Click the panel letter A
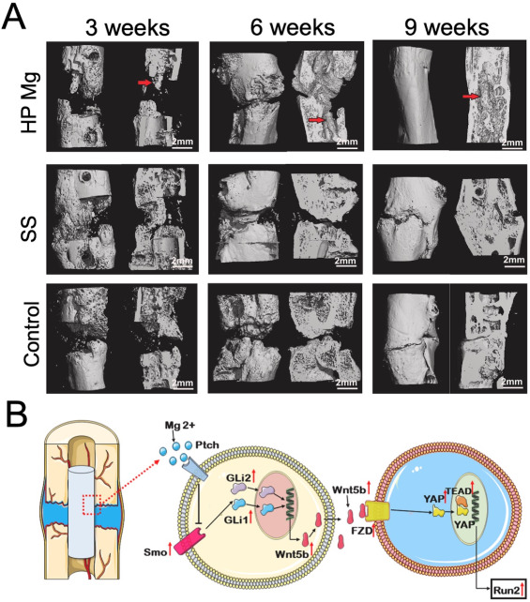click(14, 17)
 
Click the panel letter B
click(17, 414)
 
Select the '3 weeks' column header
click(128, 28)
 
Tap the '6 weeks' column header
click(293, 28)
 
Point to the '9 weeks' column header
click(447, 28)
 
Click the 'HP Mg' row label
click(30, 102)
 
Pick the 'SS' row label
click(30, 229)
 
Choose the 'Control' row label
click(31, 334)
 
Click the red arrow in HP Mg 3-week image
click(144, 83)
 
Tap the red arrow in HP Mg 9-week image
click(471, 97)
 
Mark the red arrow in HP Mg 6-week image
click(316, 120)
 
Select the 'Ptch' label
click(207, 445)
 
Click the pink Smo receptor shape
click(188, 540)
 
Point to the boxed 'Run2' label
click(507, 590)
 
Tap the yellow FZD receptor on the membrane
click(376, 511)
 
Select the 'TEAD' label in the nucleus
click(458, 491)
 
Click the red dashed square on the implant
click(91, 504)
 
